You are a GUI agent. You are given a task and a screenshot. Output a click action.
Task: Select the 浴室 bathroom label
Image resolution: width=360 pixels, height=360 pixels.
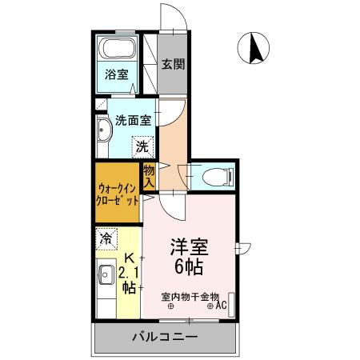point(117,76)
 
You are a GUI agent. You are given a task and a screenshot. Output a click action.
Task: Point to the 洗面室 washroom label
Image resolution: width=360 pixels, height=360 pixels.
point(133,122)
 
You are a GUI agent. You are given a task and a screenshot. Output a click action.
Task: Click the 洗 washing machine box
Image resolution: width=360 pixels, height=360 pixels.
point(142,147)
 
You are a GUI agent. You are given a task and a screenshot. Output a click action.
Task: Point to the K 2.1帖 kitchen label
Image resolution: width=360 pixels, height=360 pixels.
point(128,275)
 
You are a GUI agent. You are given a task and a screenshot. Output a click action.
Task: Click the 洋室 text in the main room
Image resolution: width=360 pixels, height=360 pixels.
point(190,248)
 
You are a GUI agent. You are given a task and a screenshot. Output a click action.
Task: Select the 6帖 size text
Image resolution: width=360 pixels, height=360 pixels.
point(190,267)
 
